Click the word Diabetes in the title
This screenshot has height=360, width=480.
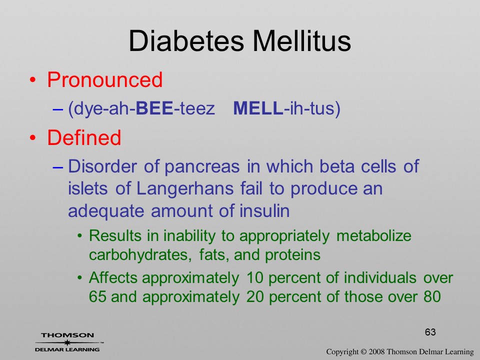[x=186, y=41]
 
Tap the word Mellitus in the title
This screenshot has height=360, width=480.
[x=302, y=41]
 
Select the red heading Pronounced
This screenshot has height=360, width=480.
[x=104, y=79]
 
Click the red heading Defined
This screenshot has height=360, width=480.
[x=84, y=137]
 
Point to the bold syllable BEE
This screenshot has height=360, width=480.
[x=154, y=108]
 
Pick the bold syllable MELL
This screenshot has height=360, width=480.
[x=258, y=108]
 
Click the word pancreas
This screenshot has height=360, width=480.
[x=202, y=167]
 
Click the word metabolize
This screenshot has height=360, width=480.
[x=374, y=235]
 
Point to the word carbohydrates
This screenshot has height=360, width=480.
[x=140, y=254]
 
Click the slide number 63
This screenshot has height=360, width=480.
[x=430, y=332]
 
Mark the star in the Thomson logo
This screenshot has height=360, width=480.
[x=67, y=342]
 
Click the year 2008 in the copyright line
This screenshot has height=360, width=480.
[x=376, y=351]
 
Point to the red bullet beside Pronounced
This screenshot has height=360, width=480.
[x=33, y=80]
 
